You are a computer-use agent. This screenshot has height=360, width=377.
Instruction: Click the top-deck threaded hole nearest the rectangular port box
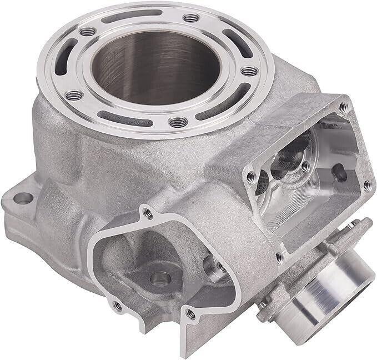(250, 71)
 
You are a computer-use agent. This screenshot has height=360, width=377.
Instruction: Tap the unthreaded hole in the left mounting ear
(22, 197)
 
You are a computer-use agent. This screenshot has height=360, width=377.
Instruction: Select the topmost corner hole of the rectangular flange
(343, 106)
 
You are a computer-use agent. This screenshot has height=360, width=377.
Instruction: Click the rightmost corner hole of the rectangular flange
(365, 185)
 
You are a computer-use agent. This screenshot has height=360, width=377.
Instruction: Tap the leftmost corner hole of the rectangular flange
(252, 177)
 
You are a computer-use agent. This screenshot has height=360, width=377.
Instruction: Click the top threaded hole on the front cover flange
(147, 212)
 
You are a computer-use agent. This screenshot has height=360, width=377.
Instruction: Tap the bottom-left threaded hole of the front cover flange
(117, 306)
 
